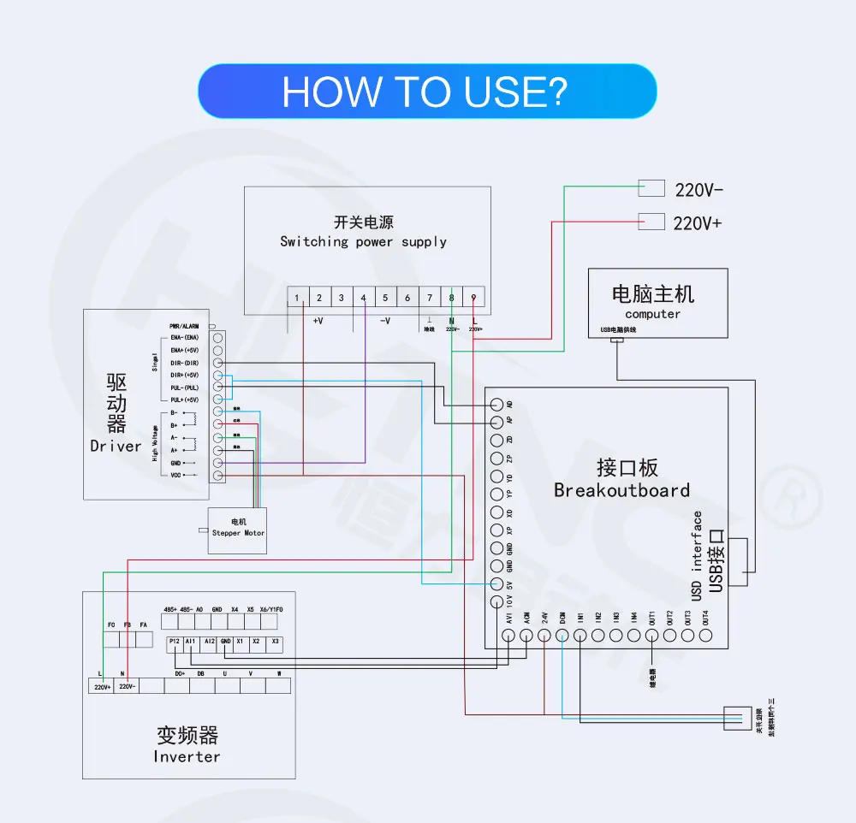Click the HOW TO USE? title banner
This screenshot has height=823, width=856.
coord(427,91)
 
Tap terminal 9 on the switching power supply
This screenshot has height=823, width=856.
coord(474,298)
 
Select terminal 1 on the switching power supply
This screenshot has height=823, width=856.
coord(297,298)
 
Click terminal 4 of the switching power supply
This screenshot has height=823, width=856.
coord(363,298)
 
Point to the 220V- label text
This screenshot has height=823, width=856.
coord(699,190)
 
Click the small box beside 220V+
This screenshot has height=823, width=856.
coord(652,221)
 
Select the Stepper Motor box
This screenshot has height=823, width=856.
coord(237,530)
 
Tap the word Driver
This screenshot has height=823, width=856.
coord(116,446)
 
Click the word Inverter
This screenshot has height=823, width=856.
coord(187,756)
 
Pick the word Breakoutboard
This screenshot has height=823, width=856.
coord(621,490)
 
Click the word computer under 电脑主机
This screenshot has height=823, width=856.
coord(652,314)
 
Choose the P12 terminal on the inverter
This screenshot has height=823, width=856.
coord(175,641)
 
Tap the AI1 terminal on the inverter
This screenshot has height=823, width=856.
coord(191,641)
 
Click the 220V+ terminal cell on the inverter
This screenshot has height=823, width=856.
coord(102,686)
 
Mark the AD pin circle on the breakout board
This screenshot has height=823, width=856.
coord(496,404)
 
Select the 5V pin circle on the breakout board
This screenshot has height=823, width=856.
coord(496,583)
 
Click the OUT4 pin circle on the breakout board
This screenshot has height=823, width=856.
coord(705,636)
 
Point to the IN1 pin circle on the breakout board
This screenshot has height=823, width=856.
coord(580,636)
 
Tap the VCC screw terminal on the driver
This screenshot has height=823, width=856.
coord(217,475)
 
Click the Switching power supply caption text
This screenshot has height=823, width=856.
coord(363,241)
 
